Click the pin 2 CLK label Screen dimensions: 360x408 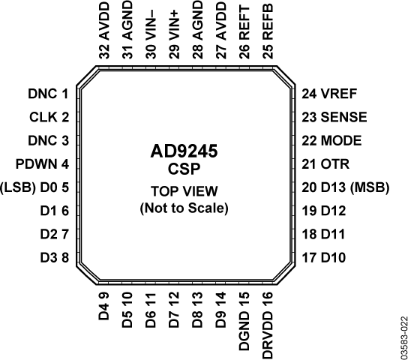[x=49, y=117]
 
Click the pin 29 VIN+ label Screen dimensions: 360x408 [x=174, y=34]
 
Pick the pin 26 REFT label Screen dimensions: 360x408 [x=244, y=34]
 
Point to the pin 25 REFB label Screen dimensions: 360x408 [x=268, y=34]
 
